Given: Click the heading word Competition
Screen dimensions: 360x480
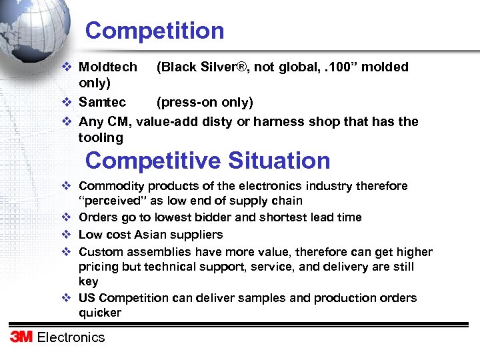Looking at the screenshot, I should (x=155, y=31).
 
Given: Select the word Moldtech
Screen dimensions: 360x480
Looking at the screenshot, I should (x=108, y=67).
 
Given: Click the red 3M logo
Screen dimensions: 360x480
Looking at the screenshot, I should (x=21, y=337).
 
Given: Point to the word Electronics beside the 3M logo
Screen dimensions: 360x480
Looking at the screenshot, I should (x=71, y=337).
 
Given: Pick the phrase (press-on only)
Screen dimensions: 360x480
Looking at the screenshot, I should (x=205, y=103).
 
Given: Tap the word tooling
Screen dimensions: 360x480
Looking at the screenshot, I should (x=101, y=138).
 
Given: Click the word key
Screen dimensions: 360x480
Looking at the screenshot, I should (x=88, y=282).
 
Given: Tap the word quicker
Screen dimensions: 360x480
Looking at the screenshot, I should (x=100, y=313).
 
